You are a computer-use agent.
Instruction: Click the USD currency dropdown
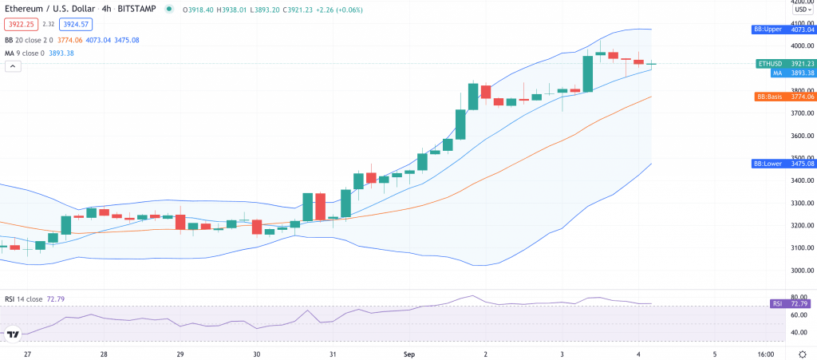[x=800, y=10]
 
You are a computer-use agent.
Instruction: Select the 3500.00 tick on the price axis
[x=800, y=158]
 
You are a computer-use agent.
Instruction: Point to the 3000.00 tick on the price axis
[x=800, y=270]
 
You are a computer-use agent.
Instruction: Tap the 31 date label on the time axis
[x=333, y=354]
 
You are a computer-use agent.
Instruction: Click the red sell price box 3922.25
[x=20, y=24]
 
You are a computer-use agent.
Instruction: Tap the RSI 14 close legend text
[x=24, y=299]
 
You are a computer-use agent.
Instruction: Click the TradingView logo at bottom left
[x=14, y=334]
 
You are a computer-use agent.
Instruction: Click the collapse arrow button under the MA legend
[x=13, y=66]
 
